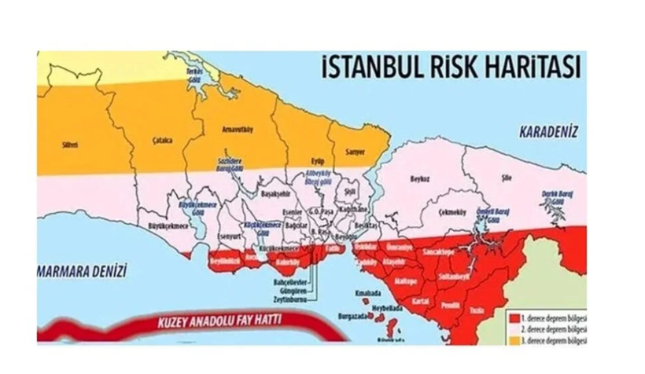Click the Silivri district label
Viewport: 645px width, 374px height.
(x=70, y=145)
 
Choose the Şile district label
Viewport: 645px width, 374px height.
(x=507, y=178)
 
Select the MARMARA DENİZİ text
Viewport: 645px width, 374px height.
(x=82, y=269)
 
